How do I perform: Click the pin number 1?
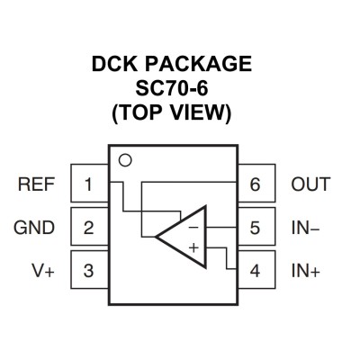[88, 184]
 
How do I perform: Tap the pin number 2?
[88, 228]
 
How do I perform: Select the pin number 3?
[88, 271]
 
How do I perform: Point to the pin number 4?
[255, 271]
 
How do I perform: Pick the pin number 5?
[255, 228]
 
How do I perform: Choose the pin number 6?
[255, 184]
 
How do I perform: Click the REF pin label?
[36, 184]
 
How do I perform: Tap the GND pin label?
[34, 228]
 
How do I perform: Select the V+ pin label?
[43, 271]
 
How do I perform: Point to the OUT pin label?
[310, 184]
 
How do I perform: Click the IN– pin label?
[305, 228]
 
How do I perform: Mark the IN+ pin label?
[306, 271]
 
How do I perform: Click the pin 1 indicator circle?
[125, 156]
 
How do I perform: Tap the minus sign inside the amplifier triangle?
[193, 228]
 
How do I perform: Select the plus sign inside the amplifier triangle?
[194, 247]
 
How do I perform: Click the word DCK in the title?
[115, 64]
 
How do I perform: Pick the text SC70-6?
[172, 88]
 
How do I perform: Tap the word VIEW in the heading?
[198, 112]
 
